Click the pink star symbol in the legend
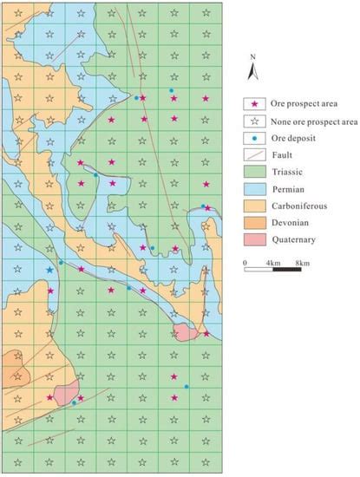(x=254, y=105)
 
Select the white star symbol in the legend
(x=254, y=121)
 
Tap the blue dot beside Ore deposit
(x=254, y=139)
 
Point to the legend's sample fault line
(x=254, y=155)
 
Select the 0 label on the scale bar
(x=245, y=261)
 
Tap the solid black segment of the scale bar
(x=287, y=269)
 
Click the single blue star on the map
(x=49, y=271)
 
